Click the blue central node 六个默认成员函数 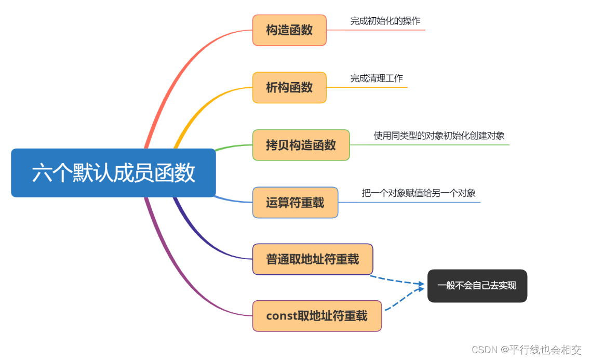click(113, 173)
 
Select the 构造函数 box click(289, 30)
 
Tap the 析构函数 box click(289, 87)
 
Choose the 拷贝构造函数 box click(301, 145)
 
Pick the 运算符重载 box click(295, 203)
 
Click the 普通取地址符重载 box click(313, 259)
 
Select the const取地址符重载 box click(317, 316)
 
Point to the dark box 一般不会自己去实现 click(477, 286)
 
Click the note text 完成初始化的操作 click(385, 21)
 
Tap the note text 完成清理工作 click(377, 78)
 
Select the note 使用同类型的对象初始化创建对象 click(439, 136)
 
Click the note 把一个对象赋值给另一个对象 click(419, 193)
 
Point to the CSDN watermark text click(526, 350)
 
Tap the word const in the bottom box click(280, 316)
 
